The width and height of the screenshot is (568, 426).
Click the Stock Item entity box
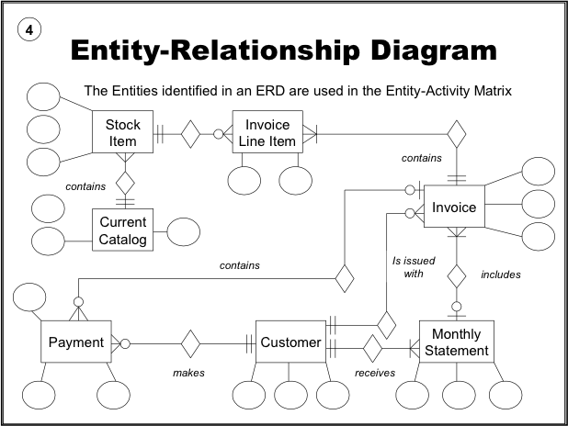click(x=121, y=132)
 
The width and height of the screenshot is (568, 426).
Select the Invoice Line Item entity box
click(x=267, y=132)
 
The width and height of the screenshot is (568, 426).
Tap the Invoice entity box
click(x=454, y=207)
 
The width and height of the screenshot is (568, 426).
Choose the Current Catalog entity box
click(x=122, y=230)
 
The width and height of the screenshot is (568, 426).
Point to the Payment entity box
click(x=75, y=343)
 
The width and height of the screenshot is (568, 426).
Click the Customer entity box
click(x=290, y=343)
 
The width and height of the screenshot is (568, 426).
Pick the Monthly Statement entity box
click(x=456, y=342)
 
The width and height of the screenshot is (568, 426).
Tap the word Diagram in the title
click(x=415, y=50)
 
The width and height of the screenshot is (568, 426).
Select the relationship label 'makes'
click(x=188, y=373)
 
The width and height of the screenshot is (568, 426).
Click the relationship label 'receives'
click(x=375, y=373)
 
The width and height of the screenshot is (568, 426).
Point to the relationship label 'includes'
click(x=501, y=275)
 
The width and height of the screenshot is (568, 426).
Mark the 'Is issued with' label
click(x=407, y=267)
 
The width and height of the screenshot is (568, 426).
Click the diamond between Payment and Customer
click(x=189, y=343)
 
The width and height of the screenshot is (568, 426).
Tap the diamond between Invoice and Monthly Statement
click(x=454, y=275)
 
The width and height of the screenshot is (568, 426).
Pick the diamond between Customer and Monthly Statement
click(x=371, y=349)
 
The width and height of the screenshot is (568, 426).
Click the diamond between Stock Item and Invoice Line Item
click(x=189, y=134)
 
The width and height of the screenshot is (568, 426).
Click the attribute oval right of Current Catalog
click(x=182, y=231)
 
